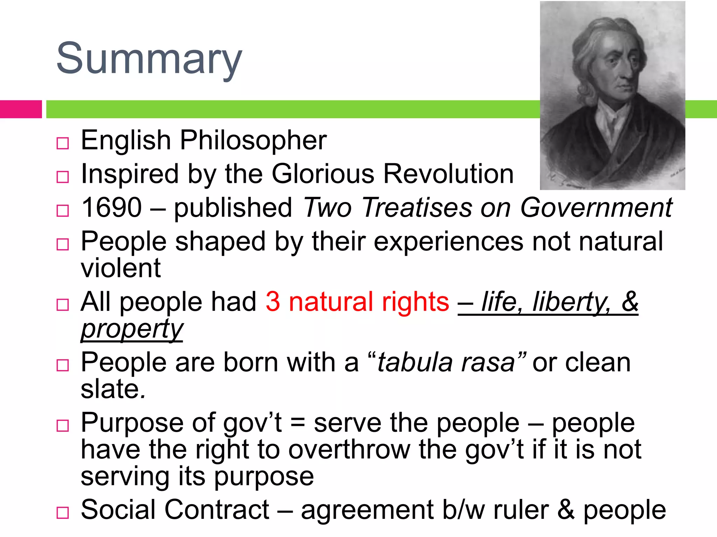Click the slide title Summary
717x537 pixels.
point(149,58)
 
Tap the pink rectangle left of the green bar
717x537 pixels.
point(21,109)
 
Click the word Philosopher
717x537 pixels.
point(253,141)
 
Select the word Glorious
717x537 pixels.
point(323,174)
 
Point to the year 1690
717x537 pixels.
point(111,207)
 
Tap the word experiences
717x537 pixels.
point(448,241)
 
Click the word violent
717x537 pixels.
point(121,268)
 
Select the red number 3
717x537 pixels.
point(273,302)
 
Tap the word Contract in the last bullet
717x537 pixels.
point(217,510)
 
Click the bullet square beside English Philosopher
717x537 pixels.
point(63,143)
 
